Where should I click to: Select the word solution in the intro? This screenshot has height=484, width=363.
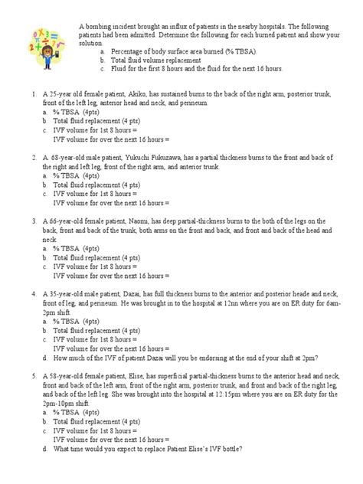point(94,44)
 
